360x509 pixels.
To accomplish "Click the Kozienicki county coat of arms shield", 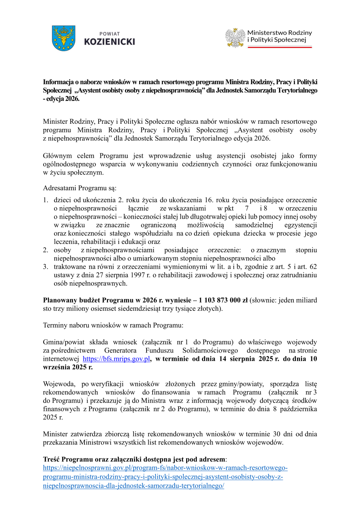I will pos(63,38).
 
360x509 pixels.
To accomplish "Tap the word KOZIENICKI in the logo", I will pos(109,42).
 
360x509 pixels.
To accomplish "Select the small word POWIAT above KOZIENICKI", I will pos(109,34).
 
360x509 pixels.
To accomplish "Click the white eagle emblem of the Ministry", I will pos(235,38).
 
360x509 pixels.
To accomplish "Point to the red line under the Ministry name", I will pos(280,47).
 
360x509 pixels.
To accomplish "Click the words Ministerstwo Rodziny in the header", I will pos(279,33).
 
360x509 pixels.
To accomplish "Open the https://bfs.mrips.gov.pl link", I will pos(116,359).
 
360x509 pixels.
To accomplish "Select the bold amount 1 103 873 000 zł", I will pos(223,300).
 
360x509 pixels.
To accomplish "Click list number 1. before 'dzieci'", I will pos(45,200).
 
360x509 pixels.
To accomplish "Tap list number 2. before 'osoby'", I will pos(45,250).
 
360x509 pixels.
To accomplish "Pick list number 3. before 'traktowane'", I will pos(45,267).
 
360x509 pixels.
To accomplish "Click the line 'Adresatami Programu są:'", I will pos(80,188).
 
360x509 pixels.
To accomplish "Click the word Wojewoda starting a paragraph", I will pos(59,384).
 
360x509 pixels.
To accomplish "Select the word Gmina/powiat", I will pos(64,342).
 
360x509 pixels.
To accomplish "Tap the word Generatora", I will pos(120,350).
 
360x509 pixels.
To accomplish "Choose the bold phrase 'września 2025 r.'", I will pos(68,367).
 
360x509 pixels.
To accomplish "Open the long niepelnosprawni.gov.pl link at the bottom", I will pos(165,477).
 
